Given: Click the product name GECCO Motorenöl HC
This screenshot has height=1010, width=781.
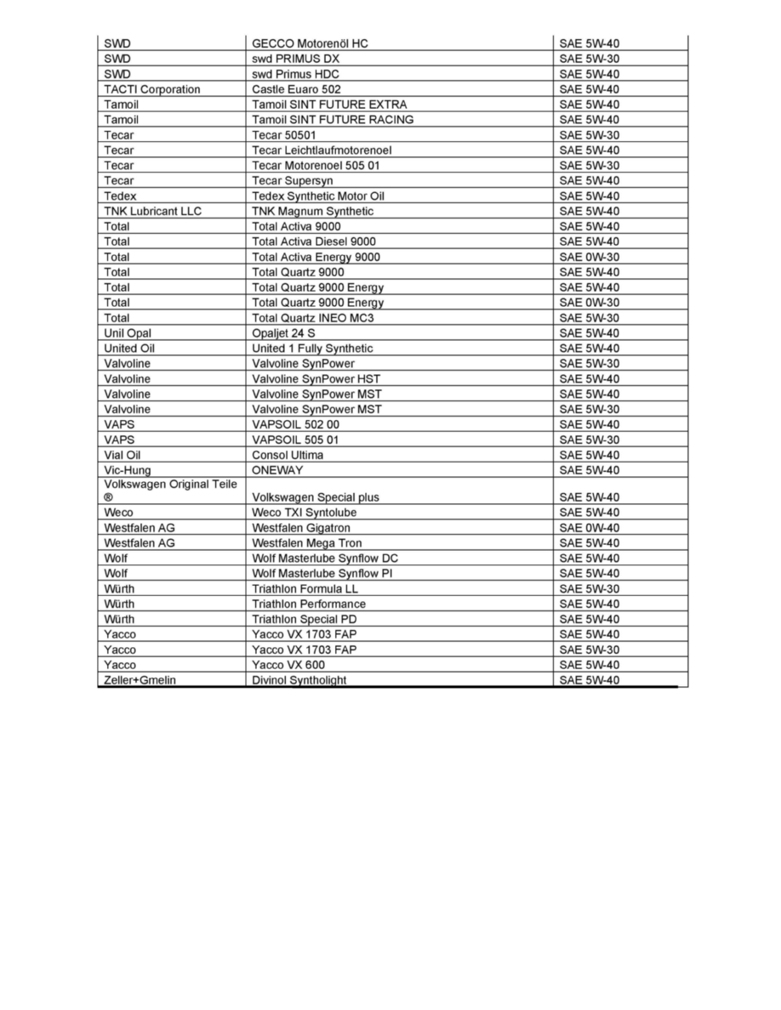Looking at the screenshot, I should (311, 43).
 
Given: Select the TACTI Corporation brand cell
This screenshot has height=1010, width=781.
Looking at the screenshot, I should (152, 89).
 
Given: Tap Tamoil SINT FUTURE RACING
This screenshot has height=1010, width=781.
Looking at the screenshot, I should (333, 120).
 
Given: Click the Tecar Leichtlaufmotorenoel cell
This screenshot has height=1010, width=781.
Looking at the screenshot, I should (322, 150).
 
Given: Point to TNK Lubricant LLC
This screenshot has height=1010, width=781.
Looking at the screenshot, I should (153, 211).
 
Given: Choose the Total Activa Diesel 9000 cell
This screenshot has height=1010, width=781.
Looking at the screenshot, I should (314, 241).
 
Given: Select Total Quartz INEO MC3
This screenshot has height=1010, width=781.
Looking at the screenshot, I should (313, 318).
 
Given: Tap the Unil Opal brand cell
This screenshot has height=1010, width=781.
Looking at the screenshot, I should (128, 333).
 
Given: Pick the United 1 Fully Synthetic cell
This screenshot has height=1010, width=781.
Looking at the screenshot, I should (312, 349).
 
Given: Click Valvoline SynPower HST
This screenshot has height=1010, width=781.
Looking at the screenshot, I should (316, 379).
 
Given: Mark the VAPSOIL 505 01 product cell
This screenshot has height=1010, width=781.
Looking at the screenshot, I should (295, 440).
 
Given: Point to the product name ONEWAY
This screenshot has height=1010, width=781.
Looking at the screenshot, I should (277, 470).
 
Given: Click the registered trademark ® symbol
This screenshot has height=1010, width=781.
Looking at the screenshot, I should (108, 497).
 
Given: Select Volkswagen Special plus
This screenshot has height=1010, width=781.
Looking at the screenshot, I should (316, 497).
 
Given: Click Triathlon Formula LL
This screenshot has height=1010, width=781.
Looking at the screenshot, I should (305, 589).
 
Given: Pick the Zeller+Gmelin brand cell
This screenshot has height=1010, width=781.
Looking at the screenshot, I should (140, 680).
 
